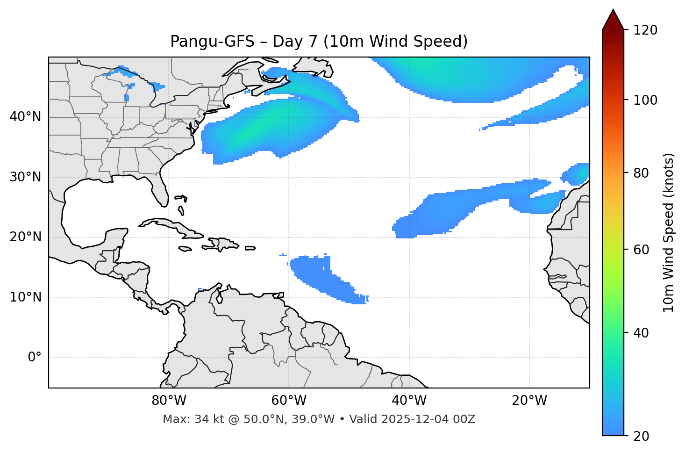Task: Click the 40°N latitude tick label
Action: coord(25,117)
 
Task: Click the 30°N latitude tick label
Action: coord(25,177)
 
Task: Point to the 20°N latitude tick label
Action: coord(25,237)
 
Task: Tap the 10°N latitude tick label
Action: coord(25,297)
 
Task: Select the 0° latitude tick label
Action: coord(35,358)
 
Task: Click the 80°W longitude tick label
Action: coord(169,401)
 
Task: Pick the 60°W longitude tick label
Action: coord(289,401)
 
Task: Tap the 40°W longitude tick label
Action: coord(409,401)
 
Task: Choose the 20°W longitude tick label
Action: coord(529,401)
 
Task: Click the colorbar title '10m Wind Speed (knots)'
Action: coord(669,233)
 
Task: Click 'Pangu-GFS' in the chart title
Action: coord(212,42)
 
